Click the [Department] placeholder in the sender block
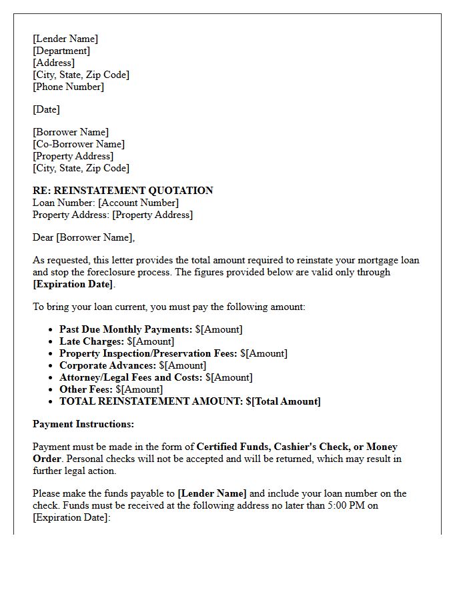pyautogui.click(x=61, y=51)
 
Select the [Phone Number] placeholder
pyautogui.click(x=68, y=87)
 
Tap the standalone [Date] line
pyautogui.click(x=46, y=109)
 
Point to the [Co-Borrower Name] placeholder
pyautogui.click(x=79, y=144)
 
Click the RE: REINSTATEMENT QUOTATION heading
pyautogui.click(x=123, y=191)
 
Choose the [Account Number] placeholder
pyautogui.click(x=138, y=203)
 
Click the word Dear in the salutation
pyautogui.click(x=43, y=237)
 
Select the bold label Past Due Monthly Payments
pyautogui.click(x=125, y=329)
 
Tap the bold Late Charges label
pyautogui.click(x=91, y=341)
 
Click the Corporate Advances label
pyautogui.click(x=107, y=365)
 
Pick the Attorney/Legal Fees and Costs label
pyautogui.click(x=131, y=377)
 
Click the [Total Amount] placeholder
pyautogui.click(x=286, y=401)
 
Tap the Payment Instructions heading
pyautogui.click(x=83, y=424)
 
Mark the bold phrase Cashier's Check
pyautogui.click(x=312, y=447)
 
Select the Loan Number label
pyautogui.click(x=63, y=203)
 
